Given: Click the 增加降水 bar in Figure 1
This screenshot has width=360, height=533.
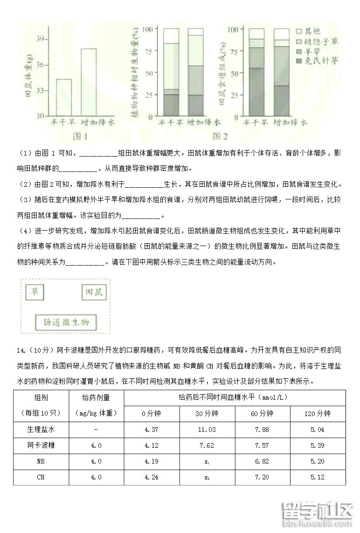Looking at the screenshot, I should point(89,82).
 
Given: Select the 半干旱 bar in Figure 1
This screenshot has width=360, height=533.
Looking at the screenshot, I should point(64,97).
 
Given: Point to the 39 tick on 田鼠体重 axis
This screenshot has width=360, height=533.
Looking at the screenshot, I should point(41,39).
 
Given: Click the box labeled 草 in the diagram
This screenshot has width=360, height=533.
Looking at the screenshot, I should point(35,292).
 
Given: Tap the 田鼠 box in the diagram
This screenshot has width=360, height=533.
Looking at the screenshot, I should point(94,293).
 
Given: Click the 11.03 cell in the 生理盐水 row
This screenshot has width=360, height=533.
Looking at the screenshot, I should point(207,430).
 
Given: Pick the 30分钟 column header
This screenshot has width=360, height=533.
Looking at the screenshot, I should point(207,413).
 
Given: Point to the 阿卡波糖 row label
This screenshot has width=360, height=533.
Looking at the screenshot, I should point(41,445).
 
